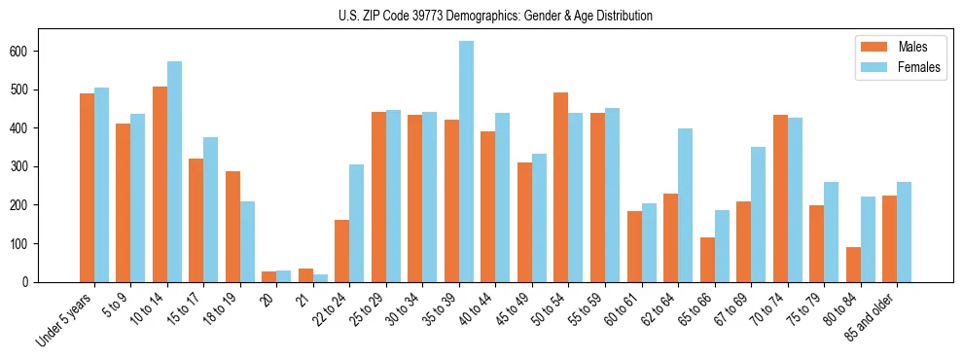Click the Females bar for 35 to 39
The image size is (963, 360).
point(467,162)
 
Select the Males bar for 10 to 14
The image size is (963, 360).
point(160,184)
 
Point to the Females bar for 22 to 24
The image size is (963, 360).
point(357,223)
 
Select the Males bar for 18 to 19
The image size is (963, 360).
point(232,227)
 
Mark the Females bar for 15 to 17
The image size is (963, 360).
point(211,209)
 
